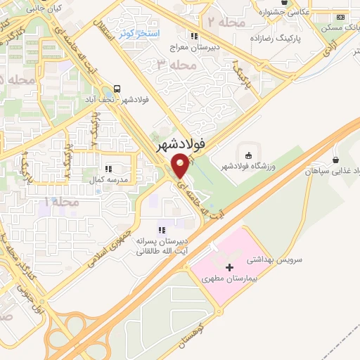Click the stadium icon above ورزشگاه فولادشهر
[247, 154]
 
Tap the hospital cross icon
[229, 267]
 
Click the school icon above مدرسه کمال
[108, 169]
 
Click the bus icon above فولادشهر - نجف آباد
[117, 89]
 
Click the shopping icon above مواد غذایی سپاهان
[335, 160]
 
